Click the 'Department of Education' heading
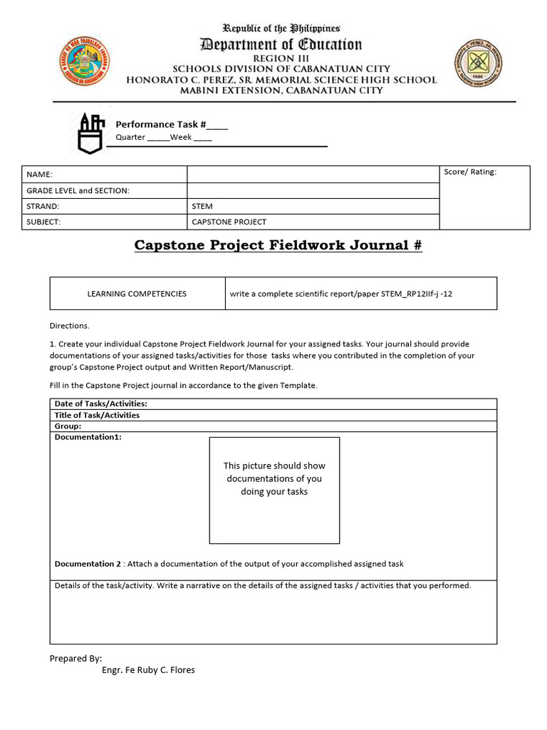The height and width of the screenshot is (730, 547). click(281, 45)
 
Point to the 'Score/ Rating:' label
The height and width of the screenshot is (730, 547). click(470, 172)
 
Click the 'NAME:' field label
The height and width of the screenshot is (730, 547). click(40, 175)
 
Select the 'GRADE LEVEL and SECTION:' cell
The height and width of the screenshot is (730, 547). click(78, 190)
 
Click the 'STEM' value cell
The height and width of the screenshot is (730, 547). click(202, 206)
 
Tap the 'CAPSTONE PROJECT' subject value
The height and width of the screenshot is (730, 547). click(229, 222)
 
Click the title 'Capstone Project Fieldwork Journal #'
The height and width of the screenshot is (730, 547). click(278, 245)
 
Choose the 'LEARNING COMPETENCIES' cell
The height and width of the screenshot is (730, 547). click(137, 293)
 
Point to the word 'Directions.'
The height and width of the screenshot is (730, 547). click(70, 326)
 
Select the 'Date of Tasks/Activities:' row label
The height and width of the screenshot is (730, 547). click(101, 403)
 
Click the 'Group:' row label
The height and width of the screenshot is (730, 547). click(68, 426)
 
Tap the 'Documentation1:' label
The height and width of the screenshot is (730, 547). click(88, 437)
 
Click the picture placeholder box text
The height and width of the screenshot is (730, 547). click(274, 478)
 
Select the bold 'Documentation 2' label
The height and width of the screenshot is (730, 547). click(88, 564)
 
